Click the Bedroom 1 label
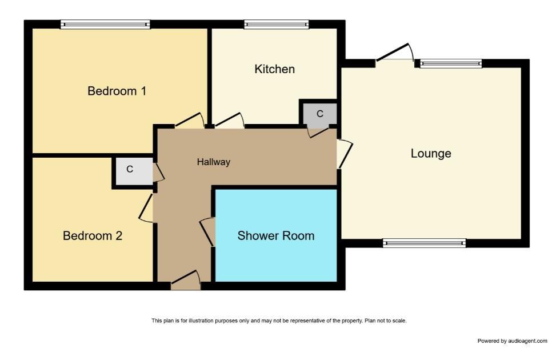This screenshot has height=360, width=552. pos(117,91)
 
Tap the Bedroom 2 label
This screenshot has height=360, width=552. pos(93,235)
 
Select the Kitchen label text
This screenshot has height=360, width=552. pos(275,69)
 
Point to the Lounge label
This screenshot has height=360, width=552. pos(431,154)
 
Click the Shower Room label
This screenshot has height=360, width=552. pos(276,235)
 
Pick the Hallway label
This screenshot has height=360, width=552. pos(214,162)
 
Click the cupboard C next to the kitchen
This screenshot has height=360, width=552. pos(319,114)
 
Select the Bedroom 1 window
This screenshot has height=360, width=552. pos(105,24)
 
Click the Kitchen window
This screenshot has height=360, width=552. pos(277,24)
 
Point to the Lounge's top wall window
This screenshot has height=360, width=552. pos(451,63)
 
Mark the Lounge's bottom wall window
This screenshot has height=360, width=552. pos(424,243)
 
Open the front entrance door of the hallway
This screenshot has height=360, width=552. pos(186,281)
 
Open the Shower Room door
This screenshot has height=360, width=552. pos(207,232)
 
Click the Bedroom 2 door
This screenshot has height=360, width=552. pos(146,208)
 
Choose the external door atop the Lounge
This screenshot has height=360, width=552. pos(395,54)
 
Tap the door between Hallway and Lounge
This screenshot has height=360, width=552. pos(345,154)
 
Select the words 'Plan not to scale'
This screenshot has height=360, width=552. pos(385,321)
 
